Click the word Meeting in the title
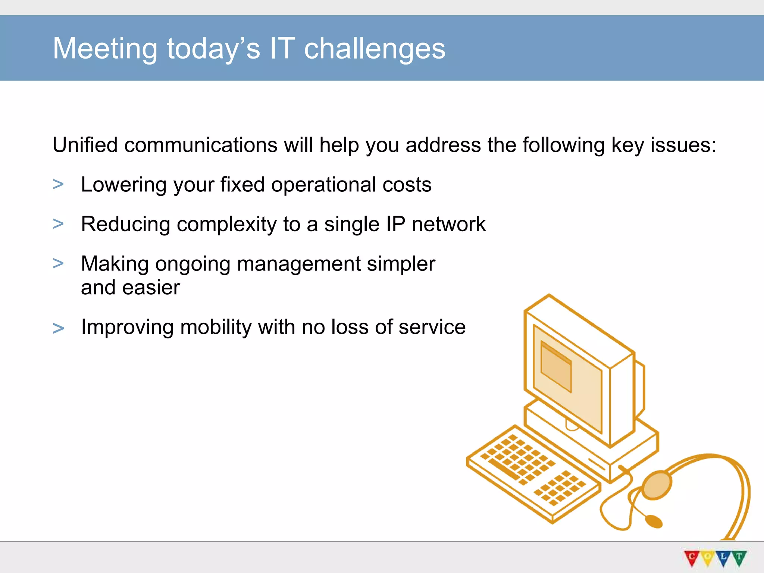(105, 48)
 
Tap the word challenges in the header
(375, 48)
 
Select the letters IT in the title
(282, 48)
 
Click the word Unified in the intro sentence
(85, 145)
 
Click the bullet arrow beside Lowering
(58, 184)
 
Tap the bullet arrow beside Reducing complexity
(58, 224)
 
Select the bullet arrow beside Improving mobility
(58, 329)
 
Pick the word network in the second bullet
(448, 224)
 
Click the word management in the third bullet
(298, 264)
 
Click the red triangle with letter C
(691, 558)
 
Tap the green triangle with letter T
(739, 558)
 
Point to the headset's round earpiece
(657, 485)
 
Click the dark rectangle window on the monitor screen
(556, 367)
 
